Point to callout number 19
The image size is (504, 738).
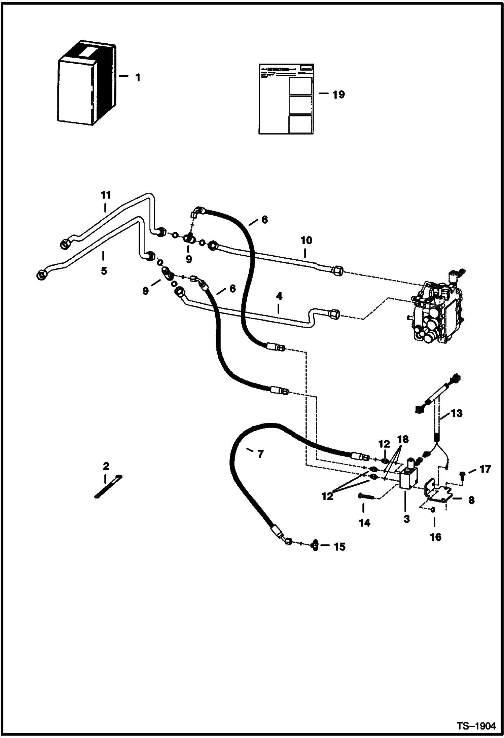[x=338, y=95]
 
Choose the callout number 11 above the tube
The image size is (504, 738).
[x=106, y=195]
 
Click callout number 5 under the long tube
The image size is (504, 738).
[x=104, y=270]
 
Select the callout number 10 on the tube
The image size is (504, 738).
[x=306, y=241]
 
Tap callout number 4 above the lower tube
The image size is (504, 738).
[x=279, y=296]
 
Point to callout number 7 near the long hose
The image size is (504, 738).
[x=260, y=454]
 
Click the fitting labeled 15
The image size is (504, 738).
[x=315, y=546]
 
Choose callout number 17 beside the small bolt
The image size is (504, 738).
[x=485, y=469]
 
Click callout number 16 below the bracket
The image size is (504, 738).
[x=435, y=537]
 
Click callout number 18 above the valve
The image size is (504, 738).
[x=403, y=439]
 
